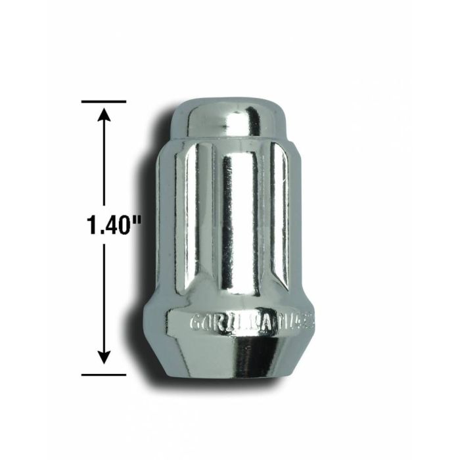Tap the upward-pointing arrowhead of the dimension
coord(104,116)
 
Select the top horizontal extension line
coord(104,102)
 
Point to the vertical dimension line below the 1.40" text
coord(104,296)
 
